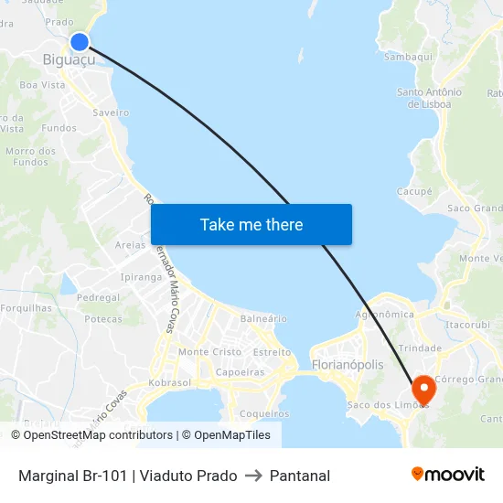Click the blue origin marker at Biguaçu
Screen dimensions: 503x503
80,42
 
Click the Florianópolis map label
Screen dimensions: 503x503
348,365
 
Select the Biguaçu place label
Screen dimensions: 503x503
69,60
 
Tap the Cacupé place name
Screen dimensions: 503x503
414,191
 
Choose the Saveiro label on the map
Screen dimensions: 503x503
111,112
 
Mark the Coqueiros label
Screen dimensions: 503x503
264,413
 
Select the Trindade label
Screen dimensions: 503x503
420,348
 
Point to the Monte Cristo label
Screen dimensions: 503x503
210,352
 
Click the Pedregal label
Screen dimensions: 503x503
99,298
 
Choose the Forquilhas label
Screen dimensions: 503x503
27,308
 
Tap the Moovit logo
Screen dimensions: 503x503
448,474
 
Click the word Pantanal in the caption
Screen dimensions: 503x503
299,476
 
